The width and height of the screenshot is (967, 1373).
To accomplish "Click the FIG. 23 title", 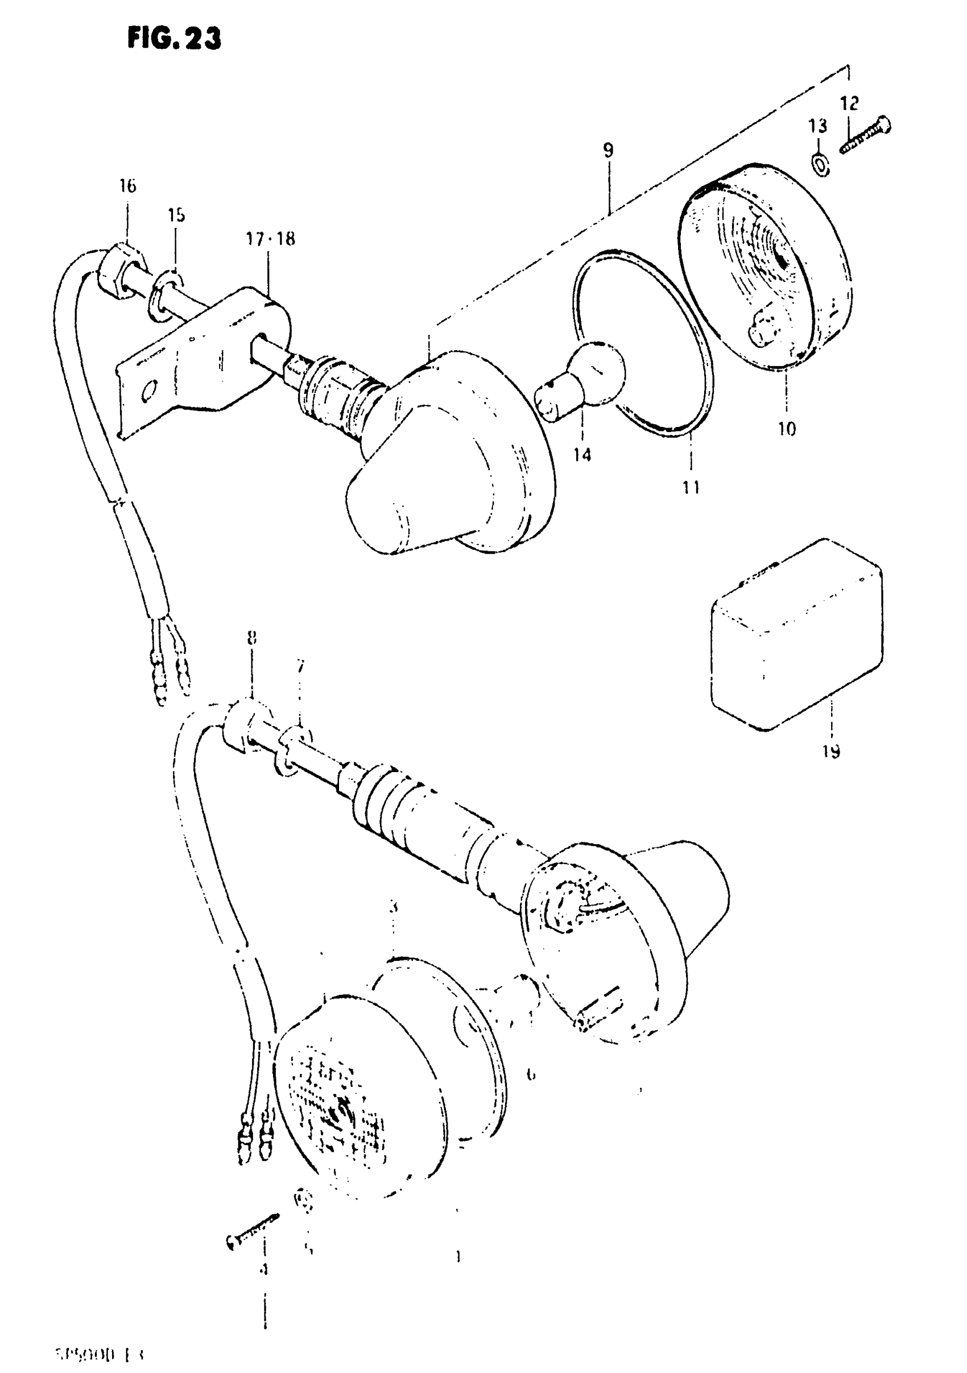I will (x=174, y=39).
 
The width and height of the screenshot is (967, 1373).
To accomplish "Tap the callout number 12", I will (x=849, y=103).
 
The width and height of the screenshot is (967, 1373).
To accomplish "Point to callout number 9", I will (x=608, y=150).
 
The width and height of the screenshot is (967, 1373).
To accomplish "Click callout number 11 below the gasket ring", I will (x=691, y=488).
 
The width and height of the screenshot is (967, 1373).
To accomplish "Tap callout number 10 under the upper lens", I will (x=787, y=428).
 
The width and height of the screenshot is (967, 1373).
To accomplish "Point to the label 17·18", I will (x=270, y=239).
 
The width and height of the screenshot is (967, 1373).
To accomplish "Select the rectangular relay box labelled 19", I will (x=796, y=634).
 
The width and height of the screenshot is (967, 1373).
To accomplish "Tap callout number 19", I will (x=831, y=751).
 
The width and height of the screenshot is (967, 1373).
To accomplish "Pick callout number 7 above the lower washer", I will (x=300, y=666).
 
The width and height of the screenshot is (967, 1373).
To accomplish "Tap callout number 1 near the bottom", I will (x=458, y=1257).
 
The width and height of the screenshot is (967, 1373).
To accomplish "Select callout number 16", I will (x=127, y=186).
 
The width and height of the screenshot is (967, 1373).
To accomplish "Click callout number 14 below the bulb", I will (x=582, y=454).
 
